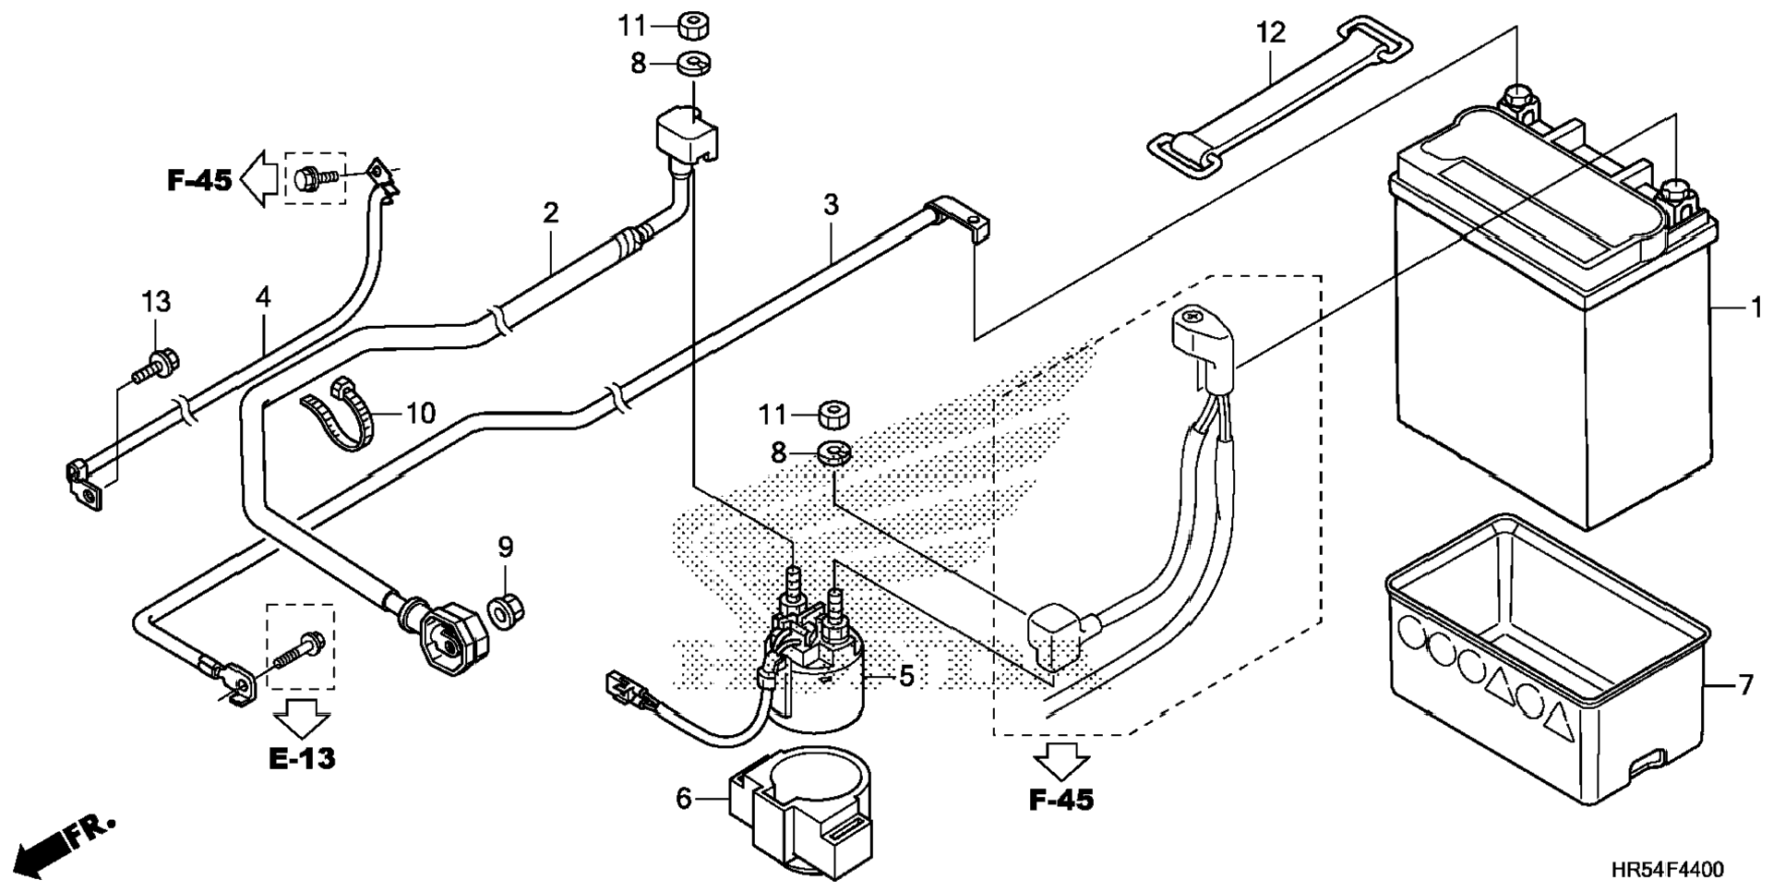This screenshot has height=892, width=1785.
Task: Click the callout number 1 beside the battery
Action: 1756,307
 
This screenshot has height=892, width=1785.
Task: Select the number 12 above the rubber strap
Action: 1270,33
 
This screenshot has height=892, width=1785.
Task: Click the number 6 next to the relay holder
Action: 684,798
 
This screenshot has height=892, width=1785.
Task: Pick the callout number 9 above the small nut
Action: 506,548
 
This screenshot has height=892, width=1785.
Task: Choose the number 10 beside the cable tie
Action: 421,413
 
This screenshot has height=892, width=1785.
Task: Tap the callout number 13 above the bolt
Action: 156,301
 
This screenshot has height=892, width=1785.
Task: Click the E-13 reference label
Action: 302,758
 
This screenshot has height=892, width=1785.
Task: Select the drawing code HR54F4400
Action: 1667,870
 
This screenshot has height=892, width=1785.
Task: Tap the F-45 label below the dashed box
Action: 1061,800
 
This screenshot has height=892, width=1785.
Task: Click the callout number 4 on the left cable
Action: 264,297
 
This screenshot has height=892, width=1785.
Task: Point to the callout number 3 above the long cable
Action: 831,205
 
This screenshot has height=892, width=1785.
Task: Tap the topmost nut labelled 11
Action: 691,26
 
